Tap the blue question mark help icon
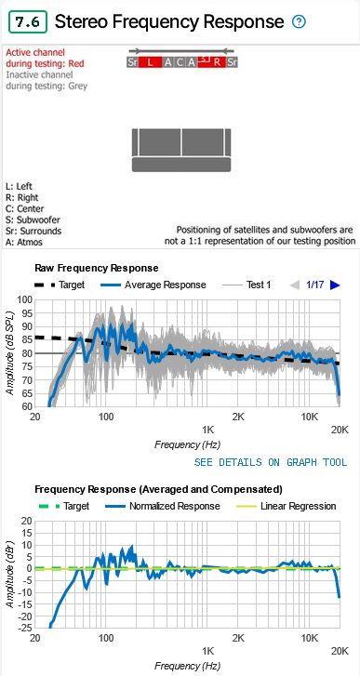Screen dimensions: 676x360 click(x=299, y=21)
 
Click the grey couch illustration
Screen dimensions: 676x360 click(x=182, y=151)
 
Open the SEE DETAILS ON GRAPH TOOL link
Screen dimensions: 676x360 click(x=270, y=462)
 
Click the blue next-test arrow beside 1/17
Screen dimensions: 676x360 click(x=336, y=285)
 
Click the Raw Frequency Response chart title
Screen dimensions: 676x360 click(x=96, y=268)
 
